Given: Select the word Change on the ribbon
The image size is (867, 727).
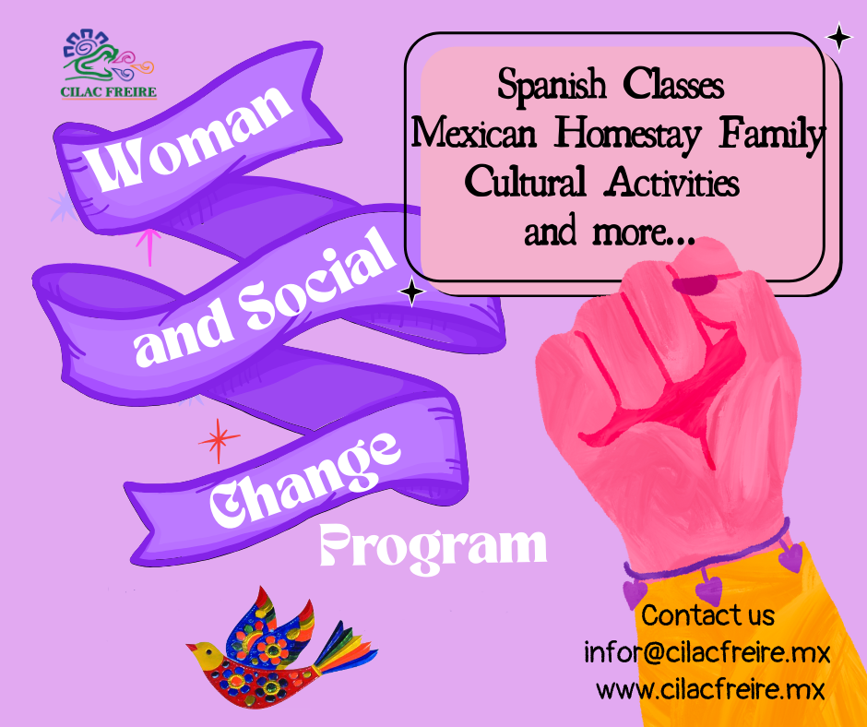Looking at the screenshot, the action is (x=304, y=479).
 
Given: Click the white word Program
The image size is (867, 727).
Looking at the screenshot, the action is (x=433, y=548).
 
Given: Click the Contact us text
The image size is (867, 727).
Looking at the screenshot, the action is (x=707, y=615).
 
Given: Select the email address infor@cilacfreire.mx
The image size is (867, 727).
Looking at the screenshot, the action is (x=707, y=653).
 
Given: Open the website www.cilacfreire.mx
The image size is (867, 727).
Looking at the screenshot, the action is (x=710, y=689).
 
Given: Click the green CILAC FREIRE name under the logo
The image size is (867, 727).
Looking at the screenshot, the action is (x=109, y=92).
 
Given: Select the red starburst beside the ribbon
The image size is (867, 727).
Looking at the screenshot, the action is (x=219, y=440).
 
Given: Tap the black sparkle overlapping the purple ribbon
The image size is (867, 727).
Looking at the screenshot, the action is (x=412, y=292).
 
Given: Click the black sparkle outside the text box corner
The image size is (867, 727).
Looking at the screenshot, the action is (x=839, y=38).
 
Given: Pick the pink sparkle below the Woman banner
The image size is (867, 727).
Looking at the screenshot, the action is (x=149, y=246).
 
